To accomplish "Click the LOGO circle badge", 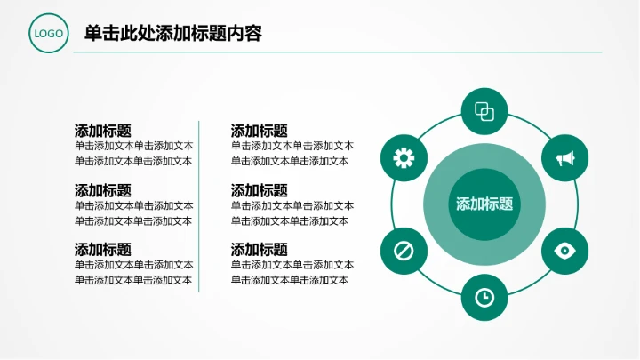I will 48,34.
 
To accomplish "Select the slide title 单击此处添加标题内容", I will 172,34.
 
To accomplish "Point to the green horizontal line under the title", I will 338,52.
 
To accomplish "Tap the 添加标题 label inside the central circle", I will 484,204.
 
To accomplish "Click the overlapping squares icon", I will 484,111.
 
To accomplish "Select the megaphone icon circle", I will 564,158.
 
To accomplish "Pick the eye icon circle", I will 564,250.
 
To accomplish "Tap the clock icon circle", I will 484,297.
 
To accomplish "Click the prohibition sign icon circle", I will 404,250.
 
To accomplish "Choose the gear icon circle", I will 404,158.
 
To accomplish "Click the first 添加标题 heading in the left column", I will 103,131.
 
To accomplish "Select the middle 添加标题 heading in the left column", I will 103,190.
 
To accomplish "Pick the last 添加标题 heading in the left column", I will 103,250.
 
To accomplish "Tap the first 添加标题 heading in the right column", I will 260,131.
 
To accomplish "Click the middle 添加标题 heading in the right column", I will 260,190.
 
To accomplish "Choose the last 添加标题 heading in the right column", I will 260,250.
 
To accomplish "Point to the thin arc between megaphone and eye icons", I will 578,204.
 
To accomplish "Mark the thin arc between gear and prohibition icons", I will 391,204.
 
